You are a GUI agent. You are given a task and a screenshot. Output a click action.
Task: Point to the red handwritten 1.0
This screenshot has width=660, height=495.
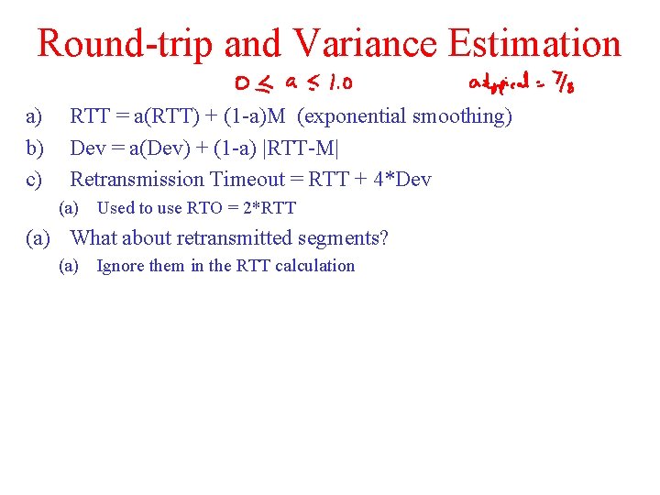click(334, 85)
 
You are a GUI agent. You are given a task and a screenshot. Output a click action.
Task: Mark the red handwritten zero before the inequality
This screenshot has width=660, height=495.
click(243, 85)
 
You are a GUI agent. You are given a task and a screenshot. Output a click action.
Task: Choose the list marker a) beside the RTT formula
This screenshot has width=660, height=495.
click(34, 116)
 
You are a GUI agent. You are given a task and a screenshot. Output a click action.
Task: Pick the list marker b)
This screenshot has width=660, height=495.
click(34, 148)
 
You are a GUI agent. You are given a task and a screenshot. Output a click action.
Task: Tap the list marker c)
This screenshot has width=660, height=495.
click(34, 179)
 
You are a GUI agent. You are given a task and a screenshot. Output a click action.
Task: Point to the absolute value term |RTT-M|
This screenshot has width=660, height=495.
click(300, 148)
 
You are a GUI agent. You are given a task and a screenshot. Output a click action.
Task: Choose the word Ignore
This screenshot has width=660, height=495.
click(121, 266)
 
